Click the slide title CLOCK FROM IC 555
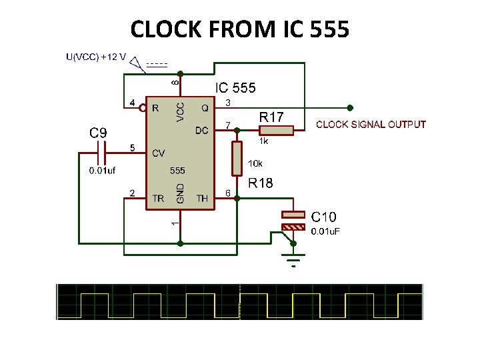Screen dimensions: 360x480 pyautogui.click(x=239, y=29)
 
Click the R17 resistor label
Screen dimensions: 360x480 pyautogui.click(x=271, y=117)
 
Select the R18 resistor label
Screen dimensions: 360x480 pyautogui.click(x=261, y=183)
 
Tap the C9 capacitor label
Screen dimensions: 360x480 pyautogui.click(x=98, y=133)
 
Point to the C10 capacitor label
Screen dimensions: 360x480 pyautogui.click(x=324, y=217)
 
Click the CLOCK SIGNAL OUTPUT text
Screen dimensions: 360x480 pyautogui.click(x=371, y=125)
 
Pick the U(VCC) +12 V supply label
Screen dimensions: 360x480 pyautogui.click(x=96, y=57)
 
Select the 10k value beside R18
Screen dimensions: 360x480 pyautogui.click(x=255, y=163)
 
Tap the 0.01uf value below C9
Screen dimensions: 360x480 pyautogui.click(x=103, y=171)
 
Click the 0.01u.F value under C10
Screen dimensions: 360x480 pyautogui.click(x=328, y=231)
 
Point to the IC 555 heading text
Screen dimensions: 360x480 pyautogui.click(x=235, y=88)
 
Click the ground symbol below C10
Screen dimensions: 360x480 pyautogui.click(x=293, y=257)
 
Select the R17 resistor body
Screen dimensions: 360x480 pyautogui.click(x=275, y=130)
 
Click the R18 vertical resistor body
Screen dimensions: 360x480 pyautogui.click(x=236, y=159)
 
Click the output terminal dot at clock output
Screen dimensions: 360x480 pyautogui.click(x=351, y=107)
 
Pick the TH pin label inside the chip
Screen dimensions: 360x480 pyautogui.click(x=202, y=198)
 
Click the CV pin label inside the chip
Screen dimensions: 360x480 pyautogui.click(x=158, y=153)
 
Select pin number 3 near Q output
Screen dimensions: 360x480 pyautogui.click(x=228, y=103)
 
